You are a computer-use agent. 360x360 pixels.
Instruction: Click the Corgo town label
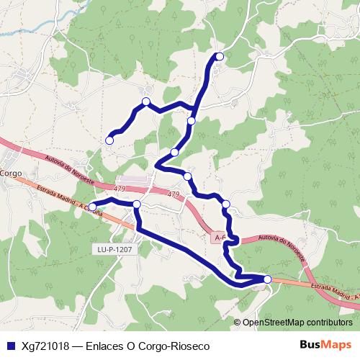click(12, 174)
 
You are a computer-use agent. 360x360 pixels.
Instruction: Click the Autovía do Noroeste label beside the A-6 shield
click(273, 247)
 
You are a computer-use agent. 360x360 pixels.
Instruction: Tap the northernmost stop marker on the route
click(220, 57)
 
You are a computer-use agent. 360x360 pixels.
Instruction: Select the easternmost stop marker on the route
click(268, 279)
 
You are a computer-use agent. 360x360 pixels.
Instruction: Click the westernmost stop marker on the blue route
click(92, 207)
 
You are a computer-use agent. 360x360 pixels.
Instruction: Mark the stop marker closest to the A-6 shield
click(226, 204)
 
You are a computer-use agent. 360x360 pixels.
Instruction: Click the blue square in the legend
click(10, 346)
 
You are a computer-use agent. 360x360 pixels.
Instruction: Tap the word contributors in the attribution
click(329, 322)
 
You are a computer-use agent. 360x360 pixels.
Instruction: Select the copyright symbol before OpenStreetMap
click(237, 322)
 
